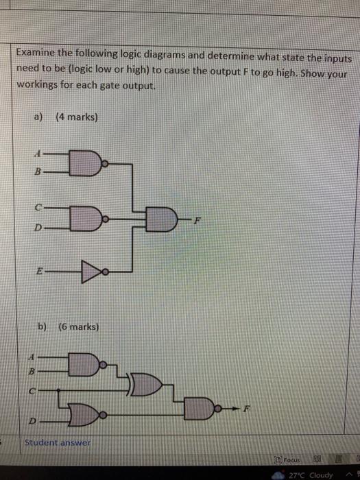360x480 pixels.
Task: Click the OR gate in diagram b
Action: click(145, 384)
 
